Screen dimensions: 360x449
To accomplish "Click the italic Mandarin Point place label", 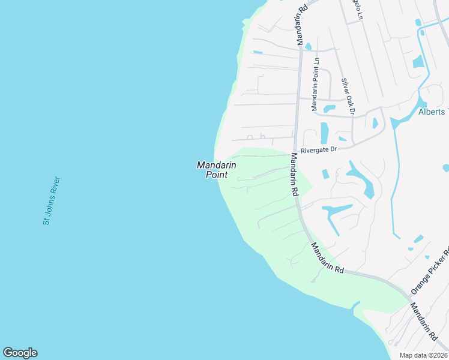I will tap(216, 170).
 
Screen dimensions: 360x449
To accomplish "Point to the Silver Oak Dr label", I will tap(348, 96).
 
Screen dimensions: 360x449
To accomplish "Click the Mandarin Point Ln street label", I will tap(315, 85).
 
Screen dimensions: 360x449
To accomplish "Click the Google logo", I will tap(20, 353).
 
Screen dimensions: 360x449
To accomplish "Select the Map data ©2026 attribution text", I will tap(423, 355).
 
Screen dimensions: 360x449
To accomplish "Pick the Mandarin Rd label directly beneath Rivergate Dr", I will tap(294, 175).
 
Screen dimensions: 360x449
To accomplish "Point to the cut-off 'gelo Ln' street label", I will tap(355, 10).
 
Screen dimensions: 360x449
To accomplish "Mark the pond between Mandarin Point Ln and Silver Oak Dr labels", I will tap(329, 109).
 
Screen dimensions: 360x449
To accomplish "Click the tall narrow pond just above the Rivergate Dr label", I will tap(325, 133).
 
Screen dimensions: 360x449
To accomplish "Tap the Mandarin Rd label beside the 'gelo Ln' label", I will tap(301, 23).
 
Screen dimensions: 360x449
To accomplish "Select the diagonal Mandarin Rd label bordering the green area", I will tap(327, 259).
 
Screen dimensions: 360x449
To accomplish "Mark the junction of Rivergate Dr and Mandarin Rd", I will tap(296, 149).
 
